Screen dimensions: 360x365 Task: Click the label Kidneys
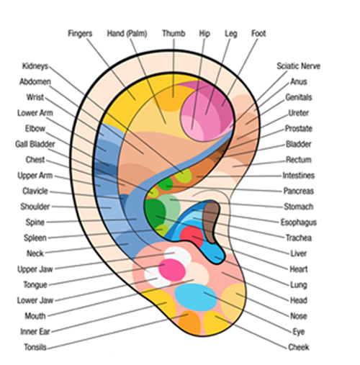pos(35,66)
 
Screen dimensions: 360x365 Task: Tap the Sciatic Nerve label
pos(298,66)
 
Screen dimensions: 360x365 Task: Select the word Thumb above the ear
pos(174,33)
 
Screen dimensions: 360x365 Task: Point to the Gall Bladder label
pos(35,144)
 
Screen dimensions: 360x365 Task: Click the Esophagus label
pos(299,222)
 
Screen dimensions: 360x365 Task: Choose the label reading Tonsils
pos(35,347)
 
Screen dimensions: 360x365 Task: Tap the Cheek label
pos(299,347)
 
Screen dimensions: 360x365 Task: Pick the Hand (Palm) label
pos(127,33)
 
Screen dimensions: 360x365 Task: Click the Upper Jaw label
pos(35,269)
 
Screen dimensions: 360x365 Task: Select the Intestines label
pos(298,176)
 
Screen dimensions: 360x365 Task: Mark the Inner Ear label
pos(35,332)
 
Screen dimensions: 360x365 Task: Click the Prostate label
pos(299,129)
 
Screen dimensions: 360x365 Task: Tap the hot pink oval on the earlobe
pos(172,270)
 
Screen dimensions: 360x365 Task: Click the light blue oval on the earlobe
pos(196,297)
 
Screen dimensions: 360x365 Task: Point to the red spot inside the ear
pos(192,236)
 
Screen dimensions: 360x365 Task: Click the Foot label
pos(258,33)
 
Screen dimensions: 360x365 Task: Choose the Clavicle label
pos(35,191)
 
